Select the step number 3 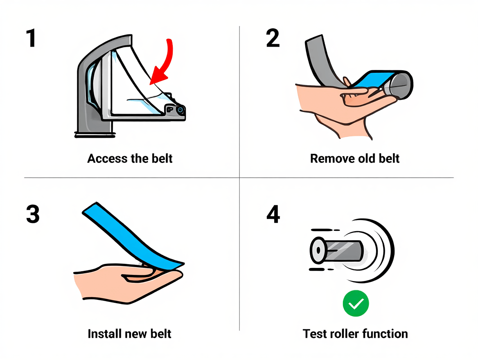33,214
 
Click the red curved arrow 167,63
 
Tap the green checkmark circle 356,304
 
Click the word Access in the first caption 107,158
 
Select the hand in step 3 128,283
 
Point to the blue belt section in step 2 370,80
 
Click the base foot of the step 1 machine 95,135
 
